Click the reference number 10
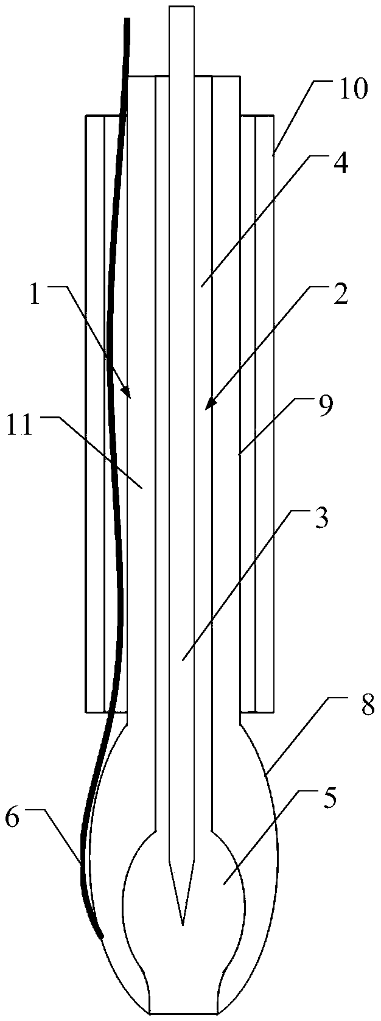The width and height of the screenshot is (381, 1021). tap(351, 89)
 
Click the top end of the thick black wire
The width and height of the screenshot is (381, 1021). tap(127, 19)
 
